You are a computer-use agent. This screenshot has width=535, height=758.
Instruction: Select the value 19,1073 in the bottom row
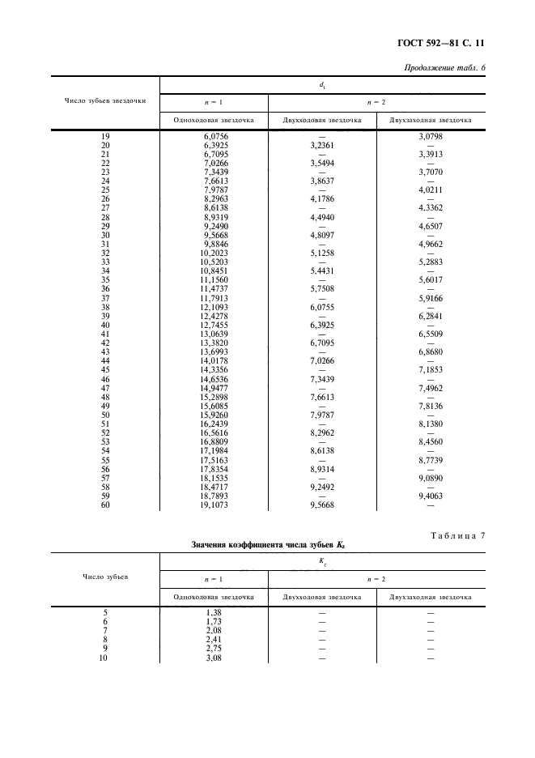(214, 505)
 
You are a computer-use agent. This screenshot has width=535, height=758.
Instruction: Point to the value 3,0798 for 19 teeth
(430, 137)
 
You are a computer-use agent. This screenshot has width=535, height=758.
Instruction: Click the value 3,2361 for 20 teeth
(321, 146)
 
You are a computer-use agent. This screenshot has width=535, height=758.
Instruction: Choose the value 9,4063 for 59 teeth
(430, 496)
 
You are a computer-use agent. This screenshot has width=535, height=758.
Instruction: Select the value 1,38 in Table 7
(214, 613)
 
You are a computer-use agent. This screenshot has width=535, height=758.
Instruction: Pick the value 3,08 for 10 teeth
(214, 658)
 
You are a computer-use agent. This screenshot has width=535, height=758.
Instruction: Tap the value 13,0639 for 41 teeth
(214, 334)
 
